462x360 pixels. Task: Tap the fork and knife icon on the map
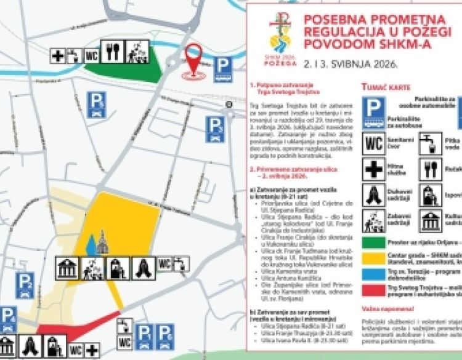(x=113, y=52)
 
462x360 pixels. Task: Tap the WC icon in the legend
(x=375, y=143)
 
